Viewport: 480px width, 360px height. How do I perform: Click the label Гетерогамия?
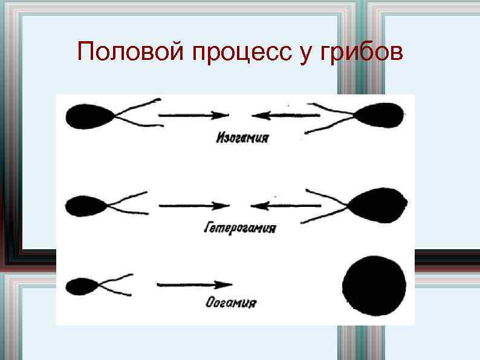pos(240,228)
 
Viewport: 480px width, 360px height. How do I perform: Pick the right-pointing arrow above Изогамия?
pos(193,115)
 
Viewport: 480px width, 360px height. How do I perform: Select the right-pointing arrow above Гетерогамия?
pos(193,206)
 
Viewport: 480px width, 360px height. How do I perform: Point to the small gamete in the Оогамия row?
pos(82,284)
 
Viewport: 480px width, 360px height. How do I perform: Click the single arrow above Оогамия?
pos(194,284)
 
